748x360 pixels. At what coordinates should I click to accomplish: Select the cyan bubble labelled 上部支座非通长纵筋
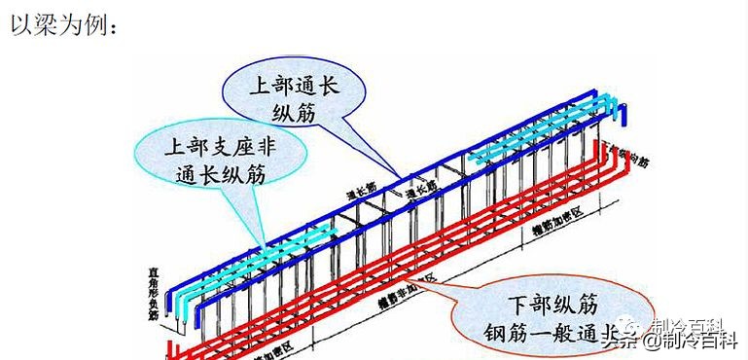[x=219, y=160]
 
